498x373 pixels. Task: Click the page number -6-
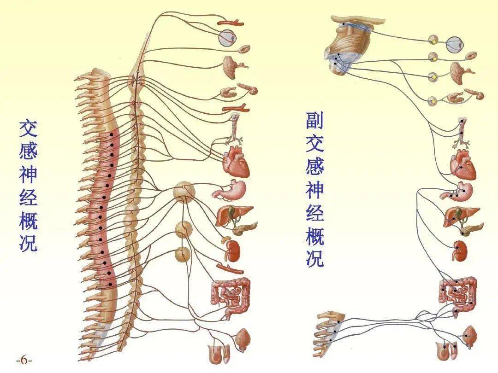point(24,361)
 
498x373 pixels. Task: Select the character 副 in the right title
point(315,120)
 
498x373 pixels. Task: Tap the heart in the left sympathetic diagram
point(236,162)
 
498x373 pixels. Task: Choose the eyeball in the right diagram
point(455,44)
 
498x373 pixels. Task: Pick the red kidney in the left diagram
point(234,251)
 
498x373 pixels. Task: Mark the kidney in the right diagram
point(461,251)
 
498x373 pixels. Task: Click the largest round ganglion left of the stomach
point(184,192)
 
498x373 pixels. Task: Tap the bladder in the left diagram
point(243,339)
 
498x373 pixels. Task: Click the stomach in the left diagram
point(231,190)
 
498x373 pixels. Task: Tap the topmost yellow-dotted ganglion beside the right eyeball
point(433,40)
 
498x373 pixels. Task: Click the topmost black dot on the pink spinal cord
point(111,135)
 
